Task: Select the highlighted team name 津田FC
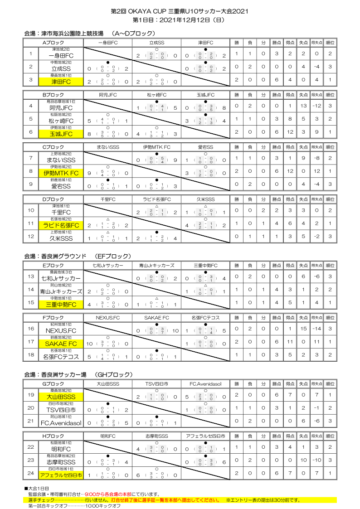point(61,82)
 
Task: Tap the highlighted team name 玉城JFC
point(61,134)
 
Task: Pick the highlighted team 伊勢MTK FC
point(61,174)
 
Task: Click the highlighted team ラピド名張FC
point(61,225)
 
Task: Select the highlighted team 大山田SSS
point(61,397)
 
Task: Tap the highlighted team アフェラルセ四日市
point(61,475)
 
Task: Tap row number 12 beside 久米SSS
point(31,236)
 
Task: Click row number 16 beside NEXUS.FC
point(31,329)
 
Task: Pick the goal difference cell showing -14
point(316,329)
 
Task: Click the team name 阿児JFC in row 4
point(61,108)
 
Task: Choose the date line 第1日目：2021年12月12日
point(180,20)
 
